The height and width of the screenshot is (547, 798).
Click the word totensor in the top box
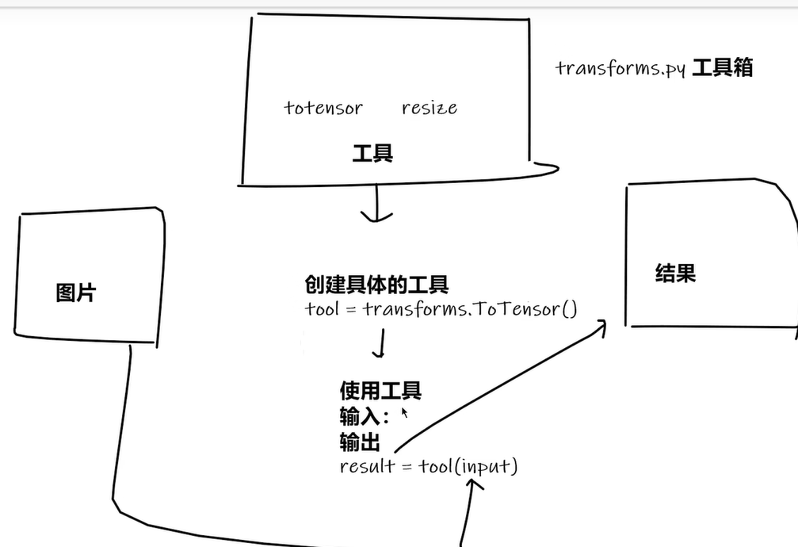click(323, 108)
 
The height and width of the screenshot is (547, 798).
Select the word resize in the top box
click(429, 108)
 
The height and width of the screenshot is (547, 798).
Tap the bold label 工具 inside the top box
click(372, 153)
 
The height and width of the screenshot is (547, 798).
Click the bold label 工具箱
click(722, 68)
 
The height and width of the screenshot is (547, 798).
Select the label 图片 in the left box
click(76, 293)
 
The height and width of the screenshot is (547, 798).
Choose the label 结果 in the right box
click(675, 273)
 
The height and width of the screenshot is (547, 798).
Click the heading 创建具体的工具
click(376, 285)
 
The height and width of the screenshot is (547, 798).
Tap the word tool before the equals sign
click(322, 308)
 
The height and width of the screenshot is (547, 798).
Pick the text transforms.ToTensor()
click(471, 308)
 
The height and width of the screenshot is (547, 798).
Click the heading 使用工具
click(380, 390)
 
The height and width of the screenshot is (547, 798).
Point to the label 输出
click(360, 442)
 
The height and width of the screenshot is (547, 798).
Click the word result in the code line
click(367, 466)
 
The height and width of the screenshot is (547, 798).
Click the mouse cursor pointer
click(404, 411)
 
